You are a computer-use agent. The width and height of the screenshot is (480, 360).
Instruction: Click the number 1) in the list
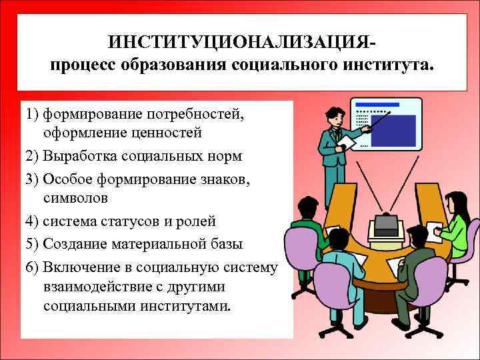click(x=31, y=115)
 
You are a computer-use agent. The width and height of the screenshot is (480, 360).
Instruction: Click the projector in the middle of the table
click(x=386, y=227)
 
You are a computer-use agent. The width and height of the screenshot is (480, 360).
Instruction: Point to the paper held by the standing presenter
click(x=347, y=144)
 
